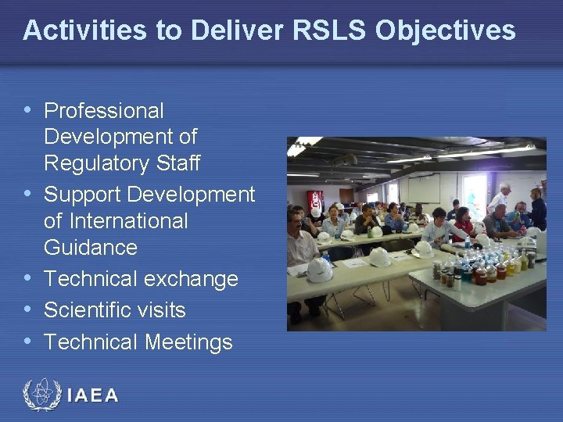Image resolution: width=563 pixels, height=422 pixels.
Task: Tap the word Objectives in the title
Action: (x=446, y=30)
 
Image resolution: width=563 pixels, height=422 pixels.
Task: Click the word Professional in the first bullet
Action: (x=103, y=111)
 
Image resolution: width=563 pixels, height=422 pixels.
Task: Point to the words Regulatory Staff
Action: (x=122, y=163)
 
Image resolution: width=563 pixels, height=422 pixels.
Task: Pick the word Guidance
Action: (x=90, y=248)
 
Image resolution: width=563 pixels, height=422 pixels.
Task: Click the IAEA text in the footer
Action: (x=93, y=395)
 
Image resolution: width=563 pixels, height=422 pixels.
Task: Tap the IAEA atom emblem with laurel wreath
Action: (x=41, y=395)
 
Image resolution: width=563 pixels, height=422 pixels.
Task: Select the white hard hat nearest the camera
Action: (x=319, y=269)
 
